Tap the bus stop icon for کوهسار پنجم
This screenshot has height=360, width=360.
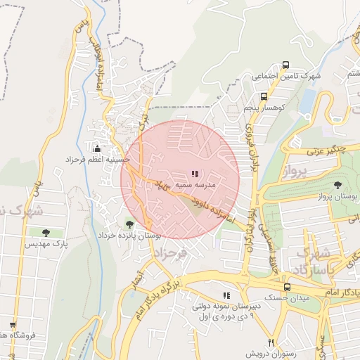(264, 96)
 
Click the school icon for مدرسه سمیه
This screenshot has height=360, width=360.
(195, 173)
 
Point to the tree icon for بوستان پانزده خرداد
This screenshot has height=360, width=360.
(129, 224)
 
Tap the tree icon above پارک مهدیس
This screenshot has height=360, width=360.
(46, 232)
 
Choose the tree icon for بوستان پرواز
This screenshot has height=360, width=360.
(338, 185)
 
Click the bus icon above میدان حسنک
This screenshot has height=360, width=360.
(286, 287)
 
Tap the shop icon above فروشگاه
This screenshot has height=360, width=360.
(13, 324)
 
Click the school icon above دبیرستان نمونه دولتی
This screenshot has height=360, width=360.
(226, 295)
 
